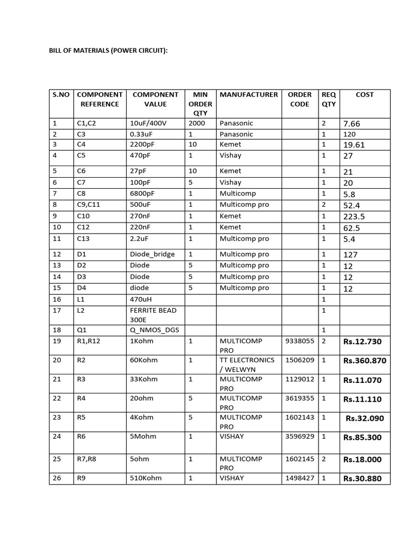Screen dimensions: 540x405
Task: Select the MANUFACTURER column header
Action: [248, 95]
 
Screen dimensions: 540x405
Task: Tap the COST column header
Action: [364, 95]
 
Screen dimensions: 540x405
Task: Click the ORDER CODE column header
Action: [300, 99]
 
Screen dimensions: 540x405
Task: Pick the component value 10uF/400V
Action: [148, 123]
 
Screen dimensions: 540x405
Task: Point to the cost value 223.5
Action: [354, 217]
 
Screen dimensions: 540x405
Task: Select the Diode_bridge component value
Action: [152, 254]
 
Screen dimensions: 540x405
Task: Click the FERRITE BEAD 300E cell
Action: [154, 315]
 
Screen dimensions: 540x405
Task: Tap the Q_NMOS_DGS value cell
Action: [154, 330]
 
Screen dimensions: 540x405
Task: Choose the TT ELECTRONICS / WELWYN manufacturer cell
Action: [247, 364]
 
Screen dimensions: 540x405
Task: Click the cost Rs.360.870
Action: [364, 361]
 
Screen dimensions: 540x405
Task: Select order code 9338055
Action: [300, 341]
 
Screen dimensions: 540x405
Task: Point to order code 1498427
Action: [300, 478]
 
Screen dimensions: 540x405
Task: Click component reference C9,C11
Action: [89, 205]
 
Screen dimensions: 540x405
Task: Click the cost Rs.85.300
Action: [362, 438]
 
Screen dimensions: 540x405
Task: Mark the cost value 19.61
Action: [354, 145]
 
